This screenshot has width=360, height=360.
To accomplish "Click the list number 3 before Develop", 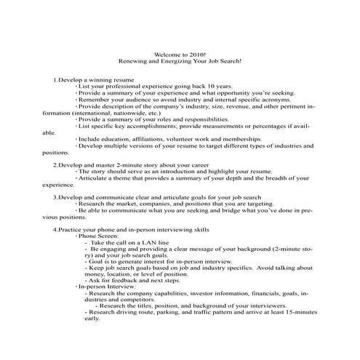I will tap(55, 196).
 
